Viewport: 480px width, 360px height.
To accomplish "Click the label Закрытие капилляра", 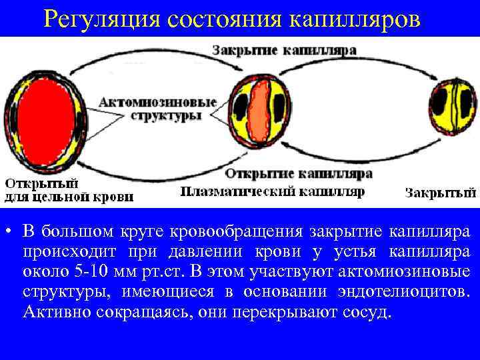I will click(285, 50).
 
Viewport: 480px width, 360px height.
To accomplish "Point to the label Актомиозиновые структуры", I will click(158, 109).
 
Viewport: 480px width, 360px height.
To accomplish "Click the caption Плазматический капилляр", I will click(273, 191).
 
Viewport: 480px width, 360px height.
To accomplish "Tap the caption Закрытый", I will click(441, 193).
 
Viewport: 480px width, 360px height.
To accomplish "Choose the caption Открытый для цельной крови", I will click(69, 190).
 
